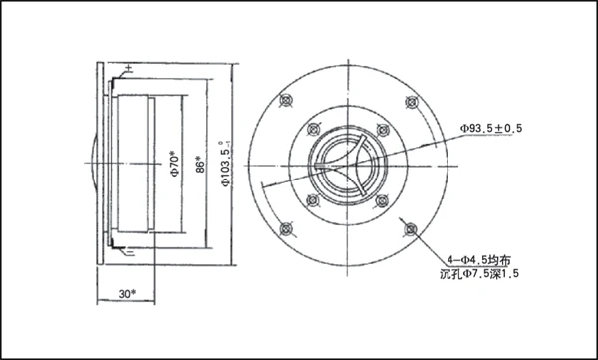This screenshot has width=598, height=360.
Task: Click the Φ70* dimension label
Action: pos(175,165)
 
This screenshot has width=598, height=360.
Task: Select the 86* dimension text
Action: pos(200,165)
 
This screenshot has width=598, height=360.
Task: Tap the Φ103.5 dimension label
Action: pos(226,165)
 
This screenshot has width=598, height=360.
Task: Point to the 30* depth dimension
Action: pos(127,294)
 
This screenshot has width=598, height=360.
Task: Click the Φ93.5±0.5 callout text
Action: pos(491,129)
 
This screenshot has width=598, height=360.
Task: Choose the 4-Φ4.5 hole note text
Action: pos(478,260)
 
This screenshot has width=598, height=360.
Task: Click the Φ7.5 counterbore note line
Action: pos(479,274)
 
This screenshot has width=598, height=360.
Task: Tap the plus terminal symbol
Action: pos(129,69)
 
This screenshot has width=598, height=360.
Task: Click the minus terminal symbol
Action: pos(130,252)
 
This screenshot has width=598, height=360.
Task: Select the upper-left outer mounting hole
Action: pos(286,101)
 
